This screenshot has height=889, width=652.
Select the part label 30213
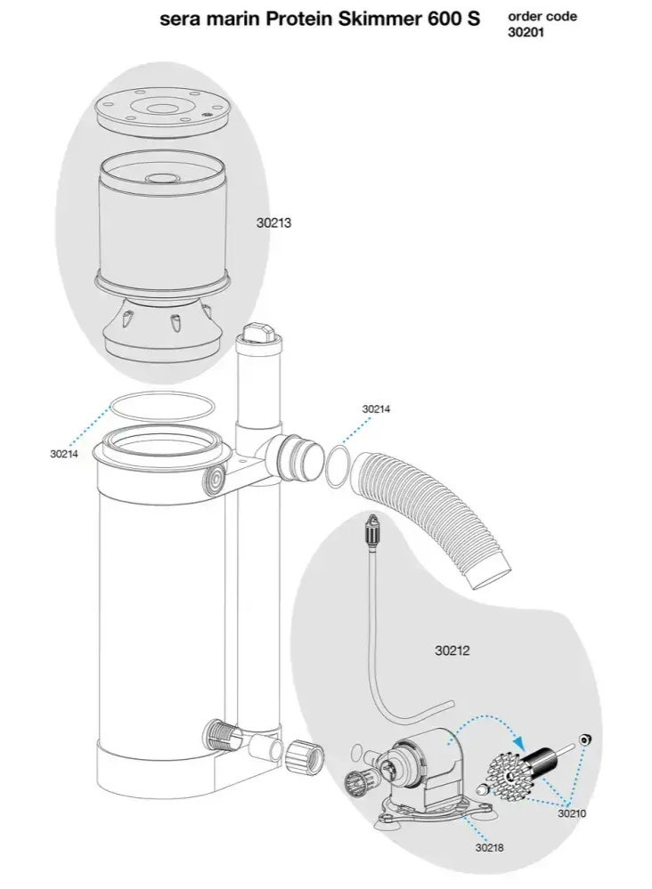coord(273,223)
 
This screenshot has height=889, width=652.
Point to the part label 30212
coord(452,651)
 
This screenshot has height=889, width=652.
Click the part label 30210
coord(572,812)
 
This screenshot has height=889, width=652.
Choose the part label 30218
coord(489,847)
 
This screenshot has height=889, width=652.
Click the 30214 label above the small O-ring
coord(376,409)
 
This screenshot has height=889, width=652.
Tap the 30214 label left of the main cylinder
coord(64,454)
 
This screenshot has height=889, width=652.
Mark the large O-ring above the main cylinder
coord(160,408)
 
